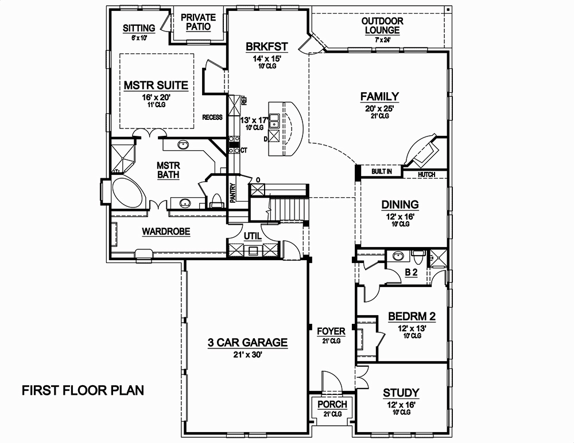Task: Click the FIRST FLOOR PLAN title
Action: (83, 391)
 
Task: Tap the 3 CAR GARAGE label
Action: (247, 343)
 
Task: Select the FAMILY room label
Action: (379, 96)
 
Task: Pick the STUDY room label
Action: (401, 393)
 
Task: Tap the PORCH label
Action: (332, 405)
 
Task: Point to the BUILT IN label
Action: (381, 171)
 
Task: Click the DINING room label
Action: (401, 205)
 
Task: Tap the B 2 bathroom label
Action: (410, 273)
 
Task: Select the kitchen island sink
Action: (275, 120)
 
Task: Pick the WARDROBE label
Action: (166, 232)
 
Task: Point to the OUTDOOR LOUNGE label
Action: (382, 25)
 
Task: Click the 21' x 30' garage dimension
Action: (247, 354)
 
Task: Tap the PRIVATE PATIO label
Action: (198, 22)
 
